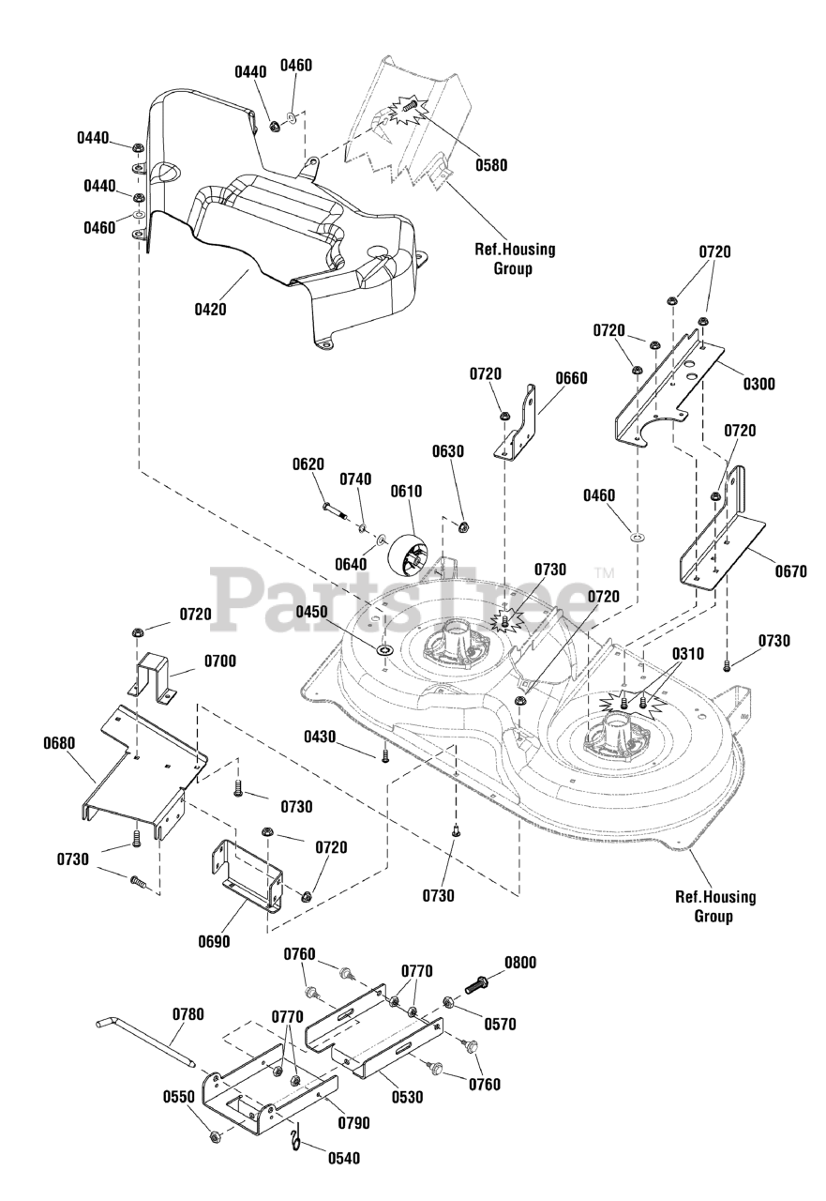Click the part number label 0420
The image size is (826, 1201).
[211, 310]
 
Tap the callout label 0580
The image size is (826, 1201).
[491, 164]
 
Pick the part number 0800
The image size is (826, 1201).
[520, 963]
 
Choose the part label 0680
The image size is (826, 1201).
[59, 744]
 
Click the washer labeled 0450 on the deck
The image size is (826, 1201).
[385, 651]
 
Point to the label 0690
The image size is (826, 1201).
[214, 941]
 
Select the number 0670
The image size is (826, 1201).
[790, 572]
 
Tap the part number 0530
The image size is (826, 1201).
[407, 1097]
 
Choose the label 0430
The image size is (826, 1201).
[320, 737]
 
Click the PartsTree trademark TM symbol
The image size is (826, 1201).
[604, 572]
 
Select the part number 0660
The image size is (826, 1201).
[571, 378]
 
